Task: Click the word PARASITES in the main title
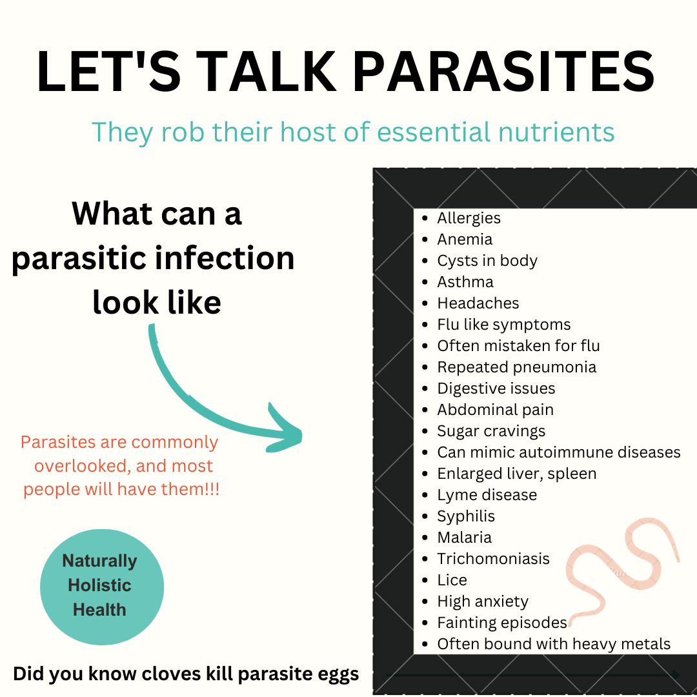point(503,72)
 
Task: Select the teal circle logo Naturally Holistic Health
point(102,587)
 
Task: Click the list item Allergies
point(469,218)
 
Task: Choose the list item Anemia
point(465,239)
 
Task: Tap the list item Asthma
point(465,282)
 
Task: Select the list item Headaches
point(478,303)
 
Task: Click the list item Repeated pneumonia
point(516,368)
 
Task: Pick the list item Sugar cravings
point(491,432)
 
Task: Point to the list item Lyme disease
point(487,495)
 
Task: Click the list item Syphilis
point(466,516)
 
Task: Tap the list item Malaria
point(464,538)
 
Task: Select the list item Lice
point(452,581)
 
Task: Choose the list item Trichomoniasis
point(494,559)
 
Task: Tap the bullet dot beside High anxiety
point(425,602)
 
